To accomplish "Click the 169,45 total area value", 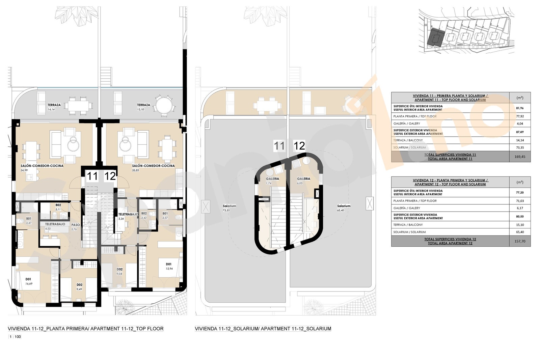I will [x=519, y=157].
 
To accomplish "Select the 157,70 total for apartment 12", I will [x=519, y=241].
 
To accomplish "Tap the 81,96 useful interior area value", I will [x=519, y=108].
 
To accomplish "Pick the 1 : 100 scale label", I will [x=15, y=337].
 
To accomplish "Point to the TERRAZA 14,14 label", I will [x=54, y=107].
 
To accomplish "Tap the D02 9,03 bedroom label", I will [x=119, y=271].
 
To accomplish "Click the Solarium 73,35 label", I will [x=229, y=208].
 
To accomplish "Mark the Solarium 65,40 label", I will [x=344, y=208].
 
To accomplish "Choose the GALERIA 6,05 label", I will [x=303, y=181].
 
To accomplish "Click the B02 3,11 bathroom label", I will [x=58, y=207].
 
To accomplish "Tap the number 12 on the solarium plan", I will [x=299, y=146].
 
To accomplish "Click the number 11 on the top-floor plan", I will [x=92, y=176].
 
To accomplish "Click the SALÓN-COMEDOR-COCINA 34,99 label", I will [x=42, y=168].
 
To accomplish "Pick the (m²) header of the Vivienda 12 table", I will [x=519, y=182].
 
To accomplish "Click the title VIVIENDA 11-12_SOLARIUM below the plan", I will [x=263, y=329].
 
